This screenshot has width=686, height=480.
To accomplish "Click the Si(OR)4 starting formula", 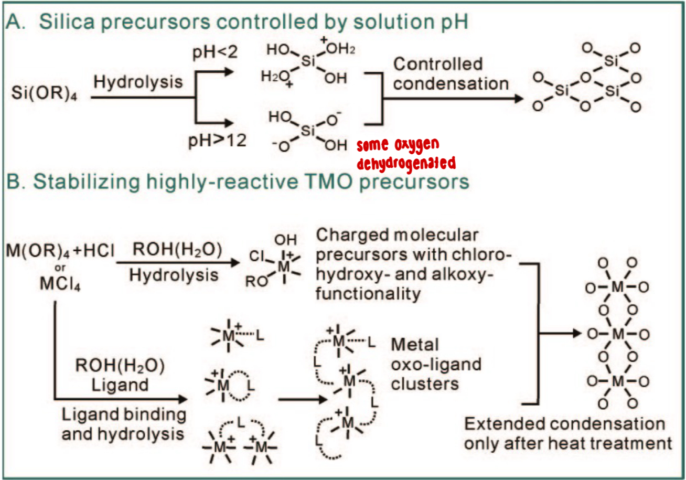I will (x=45, y=98).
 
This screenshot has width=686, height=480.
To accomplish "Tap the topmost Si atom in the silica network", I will (x=610, y=61).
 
